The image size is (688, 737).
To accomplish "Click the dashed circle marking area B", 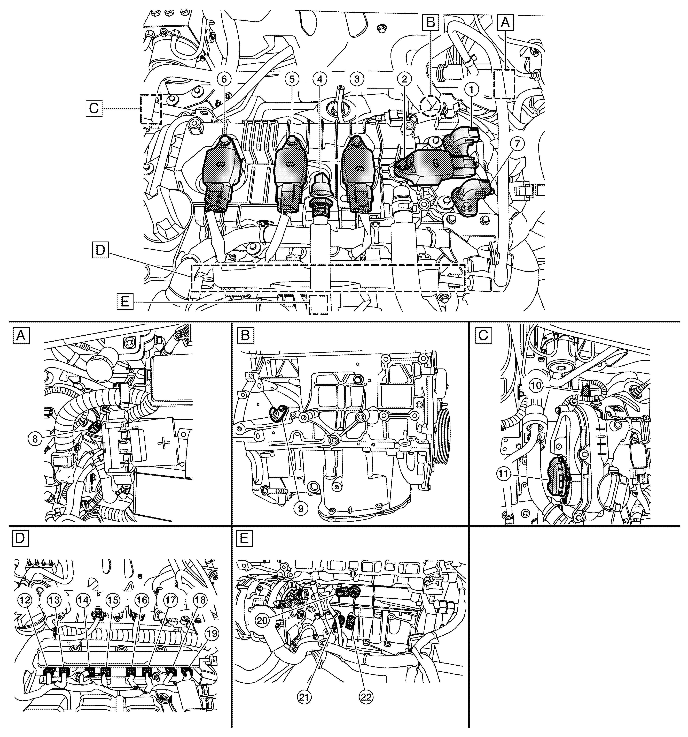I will click(430, 104).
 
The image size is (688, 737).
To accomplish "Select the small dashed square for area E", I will click(318, 305).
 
